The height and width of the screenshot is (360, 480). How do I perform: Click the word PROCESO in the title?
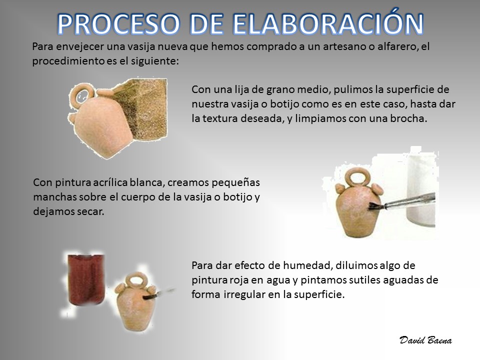tap(118, 24)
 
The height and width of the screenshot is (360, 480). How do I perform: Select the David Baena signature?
tap(425, 340)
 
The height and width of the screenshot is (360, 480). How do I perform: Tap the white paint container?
tap(421, 190)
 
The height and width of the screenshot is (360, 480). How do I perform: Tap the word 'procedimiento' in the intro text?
tap(68, 61)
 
